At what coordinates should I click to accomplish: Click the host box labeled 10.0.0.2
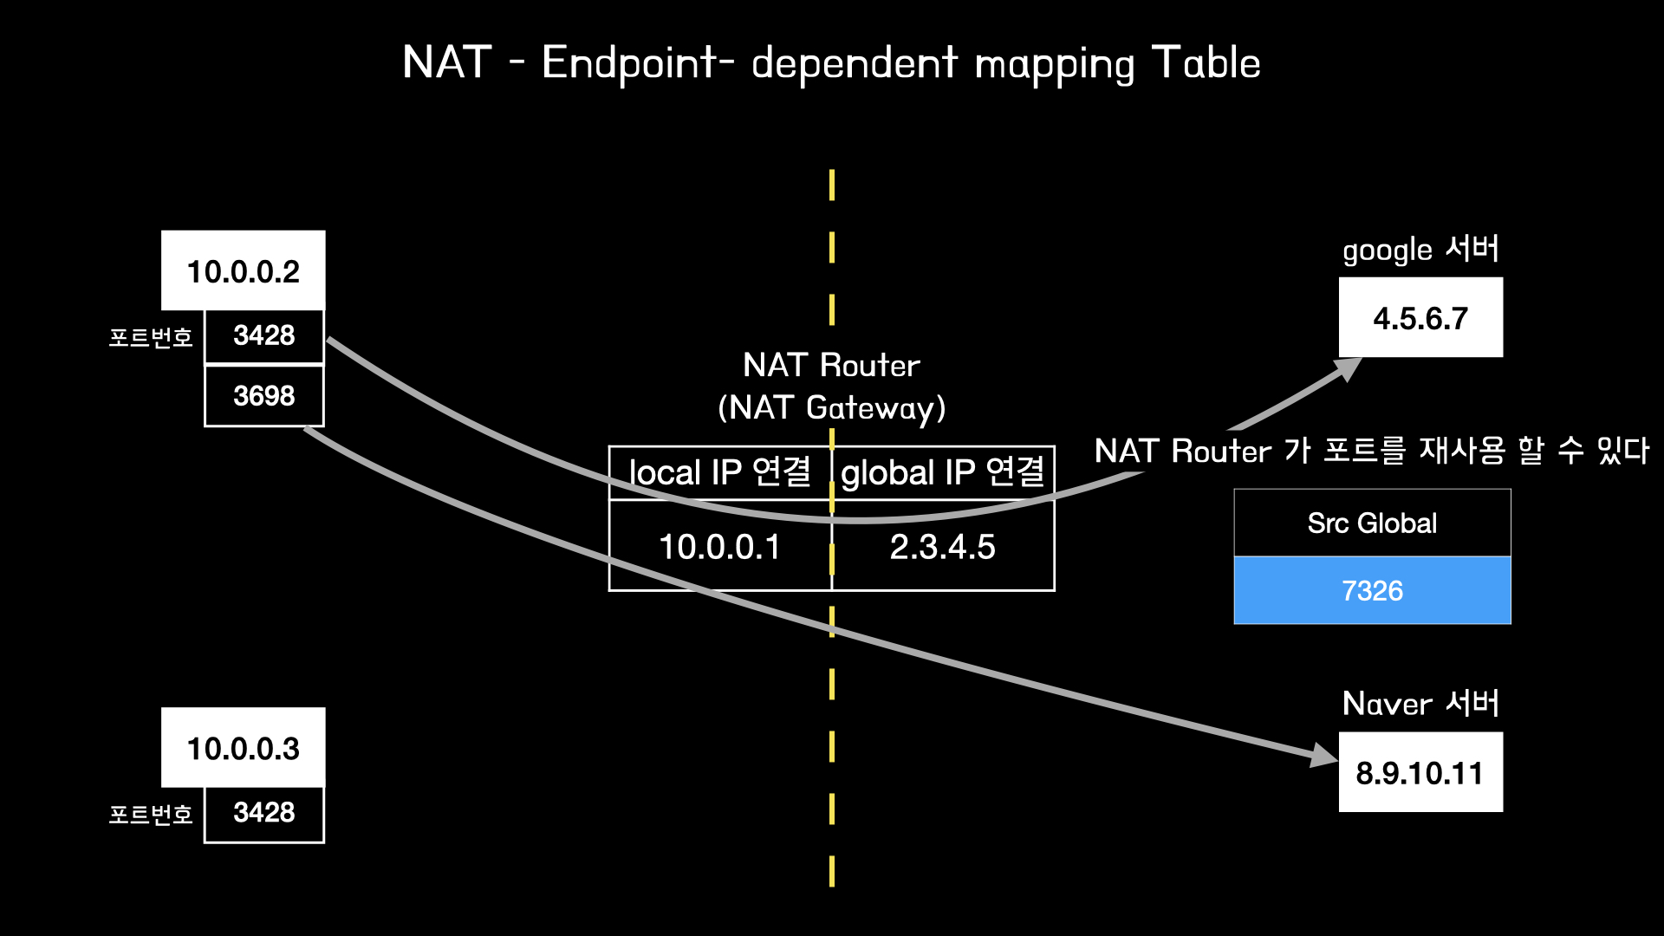click(x=243, y=270)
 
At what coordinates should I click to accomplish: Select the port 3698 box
click(x=264, y=396)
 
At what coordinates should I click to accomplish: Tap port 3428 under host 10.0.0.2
click(x=264, y=335)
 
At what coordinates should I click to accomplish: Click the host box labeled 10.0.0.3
click(x=243, y=748)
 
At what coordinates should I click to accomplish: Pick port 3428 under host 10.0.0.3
click(x=264, y=813)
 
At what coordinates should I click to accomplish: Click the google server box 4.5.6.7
click(x=1420, y=318)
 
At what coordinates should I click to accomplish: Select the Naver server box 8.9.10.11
click(x=1420, y=772)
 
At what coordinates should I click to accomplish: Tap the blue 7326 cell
click(x=1372, y=590)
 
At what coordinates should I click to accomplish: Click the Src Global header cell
click(x=1372, y=523)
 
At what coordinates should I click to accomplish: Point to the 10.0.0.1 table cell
click(x=719, y=547)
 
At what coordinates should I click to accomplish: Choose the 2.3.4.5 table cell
click(x=943, y=547)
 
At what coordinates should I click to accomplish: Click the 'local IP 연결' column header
click(x=719, y=472)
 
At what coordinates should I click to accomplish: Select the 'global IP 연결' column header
click(x=943, y=472)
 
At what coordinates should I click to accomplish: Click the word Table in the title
click(x=1206, y=62)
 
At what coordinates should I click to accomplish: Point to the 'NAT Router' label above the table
click(x=831, y=365)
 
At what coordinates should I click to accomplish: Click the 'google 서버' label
click(x=1420, y=250)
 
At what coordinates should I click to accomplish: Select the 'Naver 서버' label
click(x=1420, y=704)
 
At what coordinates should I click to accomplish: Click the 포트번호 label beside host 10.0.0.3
click(x=151, y=815)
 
